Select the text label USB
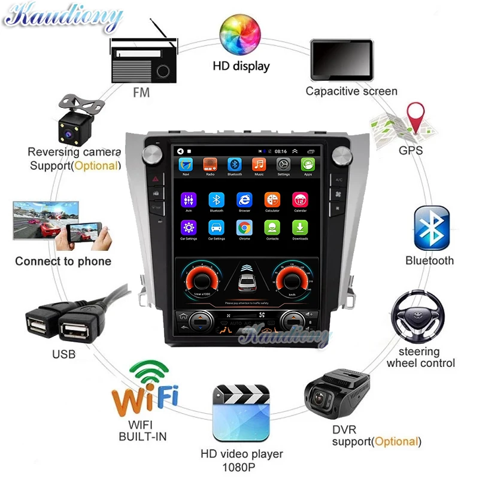tap(63, 354)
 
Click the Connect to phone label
tap(63, 261)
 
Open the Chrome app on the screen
tap(244, 228)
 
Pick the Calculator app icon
tap(272, 200)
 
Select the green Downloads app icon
tap(299, 228)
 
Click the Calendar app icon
tap(299, 200)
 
